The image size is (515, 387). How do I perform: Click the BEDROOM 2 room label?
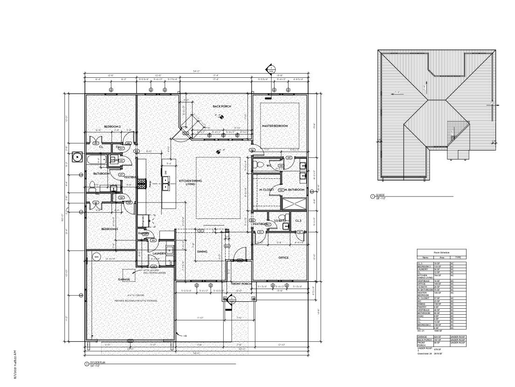[112, 127]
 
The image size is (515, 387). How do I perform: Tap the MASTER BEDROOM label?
[275, 126]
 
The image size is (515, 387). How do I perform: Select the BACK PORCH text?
[222, 107]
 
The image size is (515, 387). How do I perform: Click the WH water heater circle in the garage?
[96, 257]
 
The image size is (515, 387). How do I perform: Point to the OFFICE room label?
[283, 258]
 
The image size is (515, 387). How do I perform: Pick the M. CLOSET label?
[266, 190]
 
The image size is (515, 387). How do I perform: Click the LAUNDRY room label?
[159, 253]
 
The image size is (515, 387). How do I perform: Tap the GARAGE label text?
[124, 280]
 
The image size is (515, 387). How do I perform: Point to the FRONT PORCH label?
[241, 284]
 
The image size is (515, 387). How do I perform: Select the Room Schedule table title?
[440, 252]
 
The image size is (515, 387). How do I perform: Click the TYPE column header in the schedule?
[458, 257]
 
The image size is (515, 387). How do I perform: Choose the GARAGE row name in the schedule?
[422, 336]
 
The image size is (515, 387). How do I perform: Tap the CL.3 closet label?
[298, 221]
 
